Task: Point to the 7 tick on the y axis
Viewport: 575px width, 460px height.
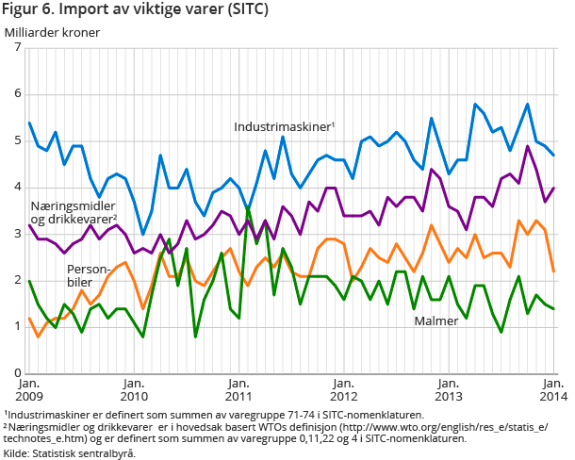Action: click(x=17, y=48)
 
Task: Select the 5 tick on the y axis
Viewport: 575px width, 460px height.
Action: click(x=17, y=140)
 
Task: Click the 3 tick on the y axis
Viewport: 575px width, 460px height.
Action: click(x=17, y=234)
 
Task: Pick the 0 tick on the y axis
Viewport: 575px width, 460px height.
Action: click(x=17, y=373)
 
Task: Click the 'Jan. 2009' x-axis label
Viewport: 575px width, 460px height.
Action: click(x=29, y=389)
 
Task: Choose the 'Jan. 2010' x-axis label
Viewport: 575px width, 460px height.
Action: click(x=134, y=389)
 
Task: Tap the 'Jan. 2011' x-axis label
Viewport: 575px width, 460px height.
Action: click(x=239, y=389)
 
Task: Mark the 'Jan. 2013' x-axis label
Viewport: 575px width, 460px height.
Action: click(x=449, y=389)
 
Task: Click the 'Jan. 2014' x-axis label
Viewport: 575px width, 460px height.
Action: click(x=552, y=389)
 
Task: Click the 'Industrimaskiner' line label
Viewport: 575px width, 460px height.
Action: click(x=285, y=125)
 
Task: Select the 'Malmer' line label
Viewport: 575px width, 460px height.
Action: click(x=436, y=321)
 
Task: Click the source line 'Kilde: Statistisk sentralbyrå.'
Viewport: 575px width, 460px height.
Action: click(x=70, y=453)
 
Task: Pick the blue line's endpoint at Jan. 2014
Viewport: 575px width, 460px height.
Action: click(x=553, y=156)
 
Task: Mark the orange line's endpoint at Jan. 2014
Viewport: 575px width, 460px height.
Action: click(x=553, y=271)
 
